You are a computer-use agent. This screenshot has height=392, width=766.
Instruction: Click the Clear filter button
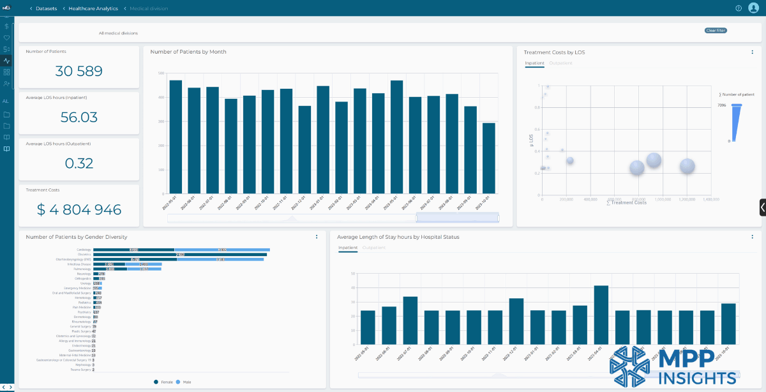click(x=716, y=31)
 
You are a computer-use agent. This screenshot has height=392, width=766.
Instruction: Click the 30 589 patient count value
click(x=79, y=71)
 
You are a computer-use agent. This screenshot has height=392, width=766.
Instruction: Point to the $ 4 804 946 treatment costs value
click(x=79, y=210)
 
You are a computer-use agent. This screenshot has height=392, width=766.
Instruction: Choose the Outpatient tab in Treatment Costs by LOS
click(x=560, y=63)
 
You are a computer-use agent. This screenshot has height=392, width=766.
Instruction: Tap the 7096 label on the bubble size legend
click(x=722, y=105)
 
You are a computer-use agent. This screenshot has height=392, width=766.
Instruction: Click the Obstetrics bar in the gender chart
click(x=180, y=255)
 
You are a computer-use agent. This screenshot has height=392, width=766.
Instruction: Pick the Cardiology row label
click(x=84, y=250)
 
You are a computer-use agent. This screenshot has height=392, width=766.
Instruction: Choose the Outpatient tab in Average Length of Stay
click(x=373, y=247)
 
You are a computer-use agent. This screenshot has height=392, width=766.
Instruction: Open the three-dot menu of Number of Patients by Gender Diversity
click(x=317, y=237)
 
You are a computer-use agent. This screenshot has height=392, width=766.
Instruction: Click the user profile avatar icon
click(x=753, y=8)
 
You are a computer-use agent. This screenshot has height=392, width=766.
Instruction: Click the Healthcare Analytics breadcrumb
click(x=93, y=8)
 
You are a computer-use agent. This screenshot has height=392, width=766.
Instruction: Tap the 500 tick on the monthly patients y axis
click(x=160, y=73)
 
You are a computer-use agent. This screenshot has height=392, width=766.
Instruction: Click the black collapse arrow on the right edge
click(x=762, y=207)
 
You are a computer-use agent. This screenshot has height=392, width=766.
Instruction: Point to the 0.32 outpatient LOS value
click(x=79, y=163)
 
